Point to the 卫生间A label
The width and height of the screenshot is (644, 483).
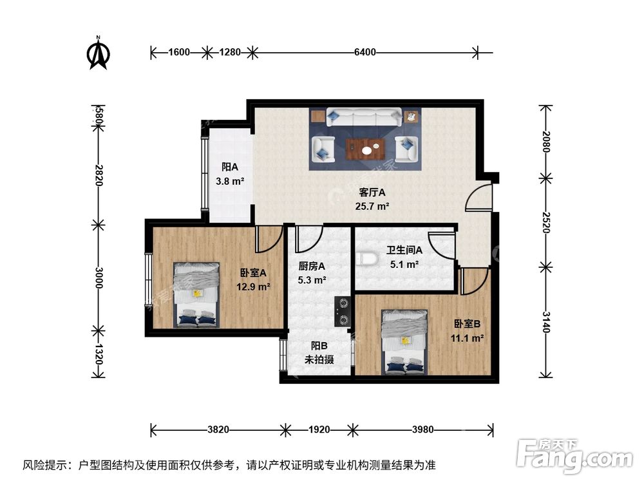click(x=404, y=251)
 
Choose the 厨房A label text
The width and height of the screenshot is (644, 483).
click(x=312, y=266)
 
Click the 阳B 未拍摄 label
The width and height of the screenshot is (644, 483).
click(x=319, y=354)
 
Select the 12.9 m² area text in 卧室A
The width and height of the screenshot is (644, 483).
click(x=254, y=287)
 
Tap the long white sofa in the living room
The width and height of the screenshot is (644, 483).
click(x=365, y=117)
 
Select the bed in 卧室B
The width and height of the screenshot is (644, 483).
click(x=404, y=342)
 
